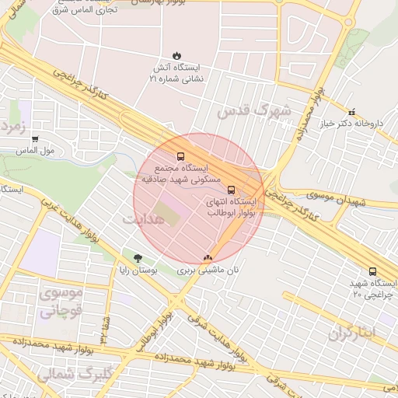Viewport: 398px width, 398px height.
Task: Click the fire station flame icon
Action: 176,55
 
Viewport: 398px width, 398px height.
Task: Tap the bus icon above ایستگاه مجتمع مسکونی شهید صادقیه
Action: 181,155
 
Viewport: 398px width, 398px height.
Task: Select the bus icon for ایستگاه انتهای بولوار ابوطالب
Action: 230,189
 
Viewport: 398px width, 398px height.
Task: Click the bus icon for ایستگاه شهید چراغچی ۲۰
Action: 372,272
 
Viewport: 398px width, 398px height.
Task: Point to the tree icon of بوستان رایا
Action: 138,258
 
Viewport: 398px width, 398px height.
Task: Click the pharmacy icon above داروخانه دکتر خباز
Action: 351,112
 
